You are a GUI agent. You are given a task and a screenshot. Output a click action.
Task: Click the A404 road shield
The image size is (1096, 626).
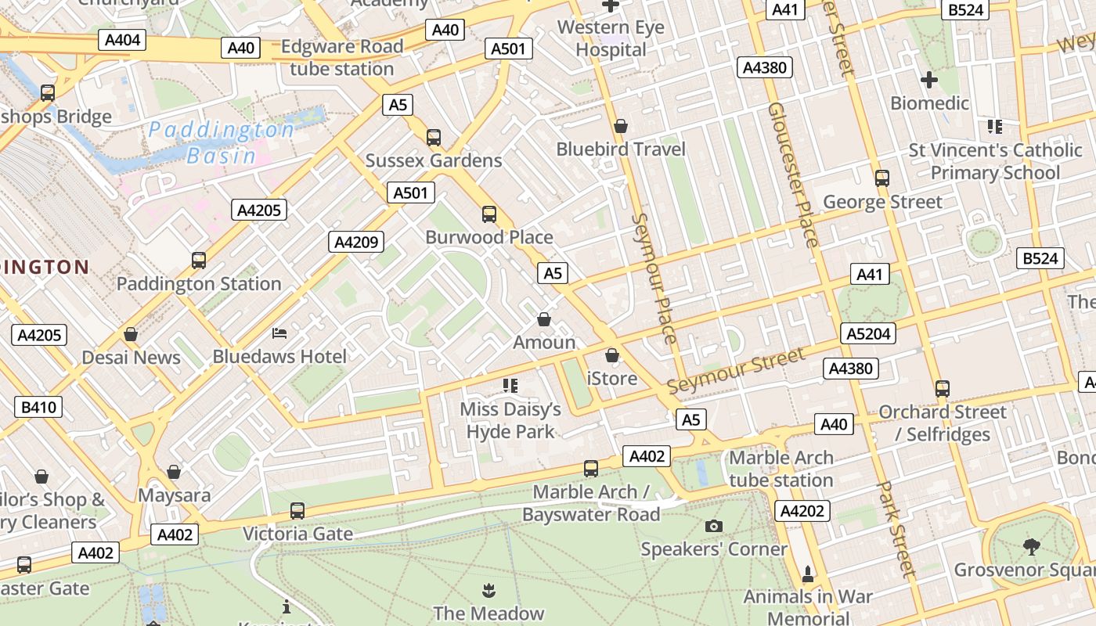point(121,39)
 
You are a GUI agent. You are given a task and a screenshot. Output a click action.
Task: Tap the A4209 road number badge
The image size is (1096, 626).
point(356,242)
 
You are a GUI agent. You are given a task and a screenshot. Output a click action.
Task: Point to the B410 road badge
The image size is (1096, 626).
point(38,406)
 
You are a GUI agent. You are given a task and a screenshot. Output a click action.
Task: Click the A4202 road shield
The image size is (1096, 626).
point(802,511)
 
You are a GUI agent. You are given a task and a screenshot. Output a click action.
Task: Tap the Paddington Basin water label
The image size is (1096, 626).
point(222,142)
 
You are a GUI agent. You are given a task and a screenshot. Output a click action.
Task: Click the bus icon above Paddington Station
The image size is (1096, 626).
point(199,260)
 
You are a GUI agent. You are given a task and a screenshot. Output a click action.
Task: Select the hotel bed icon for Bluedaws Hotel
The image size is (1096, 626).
point(279,333)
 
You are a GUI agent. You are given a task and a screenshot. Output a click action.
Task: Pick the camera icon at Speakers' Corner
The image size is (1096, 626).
point(713,526)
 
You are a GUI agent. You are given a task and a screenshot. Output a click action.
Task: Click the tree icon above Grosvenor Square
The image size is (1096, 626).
point(1031,546)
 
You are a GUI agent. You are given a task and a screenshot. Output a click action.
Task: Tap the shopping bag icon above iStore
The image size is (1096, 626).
point(612,355)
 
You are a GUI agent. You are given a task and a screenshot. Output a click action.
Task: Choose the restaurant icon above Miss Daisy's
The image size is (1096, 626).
point(510,385)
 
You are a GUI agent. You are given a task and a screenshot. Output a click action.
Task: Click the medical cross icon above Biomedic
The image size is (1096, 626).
point(929,80)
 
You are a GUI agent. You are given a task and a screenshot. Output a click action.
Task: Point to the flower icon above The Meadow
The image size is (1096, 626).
point(489,589)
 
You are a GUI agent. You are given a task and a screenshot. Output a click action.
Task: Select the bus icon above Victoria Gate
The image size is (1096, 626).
point(297,510)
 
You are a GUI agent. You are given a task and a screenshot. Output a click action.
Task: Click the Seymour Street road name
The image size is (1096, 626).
point(735,371)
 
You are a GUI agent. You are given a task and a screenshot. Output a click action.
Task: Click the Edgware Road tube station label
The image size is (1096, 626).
point(342,57)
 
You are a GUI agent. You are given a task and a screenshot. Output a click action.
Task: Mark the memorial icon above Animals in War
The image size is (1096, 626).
point(808,574)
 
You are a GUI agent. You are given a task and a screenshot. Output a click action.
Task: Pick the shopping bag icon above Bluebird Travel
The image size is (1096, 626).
point(621,126)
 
